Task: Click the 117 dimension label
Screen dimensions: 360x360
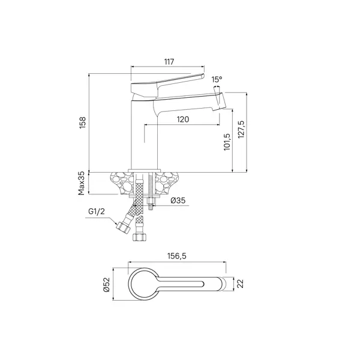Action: [x=169, y=62]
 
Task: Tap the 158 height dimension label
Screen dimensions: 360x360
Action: [x=83, y=122]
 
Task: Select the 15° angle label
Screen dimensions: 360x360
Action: [x=217, y=80]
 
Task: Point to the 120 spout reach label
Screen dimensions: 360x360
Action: [x=183, y=119]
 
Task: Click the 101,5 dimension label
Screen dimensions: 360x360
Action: [x=227, y=142]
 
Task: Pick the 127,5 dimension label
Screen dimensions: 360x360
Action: [x=241, y=129]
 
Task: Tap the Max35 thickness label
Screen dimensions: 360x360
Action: [x=82, y=184]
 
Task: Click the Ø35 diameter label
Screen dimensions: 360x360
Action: [x=178, y=200]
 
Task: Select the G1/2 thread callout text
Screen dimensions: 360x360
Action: [x=97, y=211]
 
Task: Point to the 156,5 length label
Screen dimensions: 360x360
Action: [x=177, y=256]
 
